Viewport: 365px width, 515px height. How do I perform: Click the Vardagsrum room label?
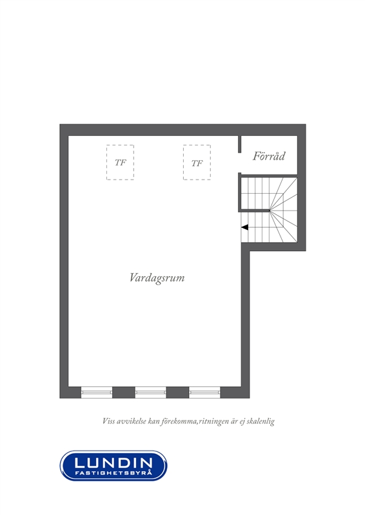[157, 278]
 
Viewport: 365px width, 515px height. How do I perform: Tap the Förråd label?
[269, 156]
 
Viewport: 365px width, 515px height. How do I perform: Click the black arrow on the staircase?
[244, 227]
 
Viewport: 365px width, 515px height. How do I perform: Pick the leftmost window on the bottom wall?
[97, 392]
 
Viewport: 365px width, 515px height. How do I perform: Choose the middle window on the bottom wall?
[151, 392]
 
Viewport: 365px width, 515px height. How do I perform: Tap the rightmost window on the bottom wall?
[204, 392]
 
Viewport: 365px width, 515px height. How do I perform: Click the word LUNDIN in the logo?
[113, 463]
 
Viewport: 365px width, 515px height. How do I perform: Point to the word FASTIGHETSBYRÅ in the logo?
[113, 473]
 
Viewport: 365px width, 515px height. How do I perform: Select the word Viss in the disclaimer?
[108, 421]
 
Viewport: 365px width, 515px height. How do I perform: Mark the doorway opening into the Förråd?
[240, 163]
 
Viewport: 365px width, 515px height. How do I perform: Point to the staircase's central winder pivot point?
[269, 211]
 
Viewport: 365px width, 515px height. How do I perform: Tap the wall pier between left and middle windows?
[124, 393]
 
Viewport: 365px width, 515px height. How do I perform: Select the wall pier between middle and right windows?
[177, 393]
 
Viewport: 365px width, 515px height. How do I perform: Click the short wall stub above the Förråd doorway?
[240, 144]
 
